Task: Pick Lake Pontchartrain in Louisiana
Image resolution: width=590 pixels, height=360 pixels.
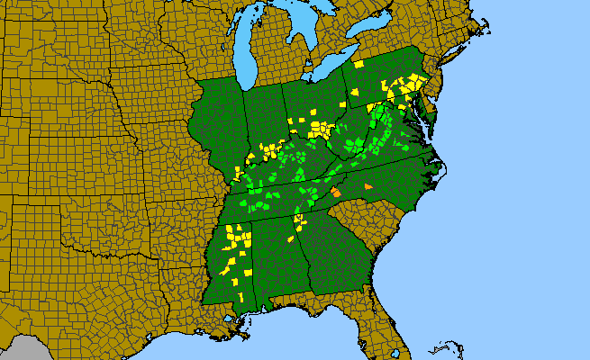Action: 236,311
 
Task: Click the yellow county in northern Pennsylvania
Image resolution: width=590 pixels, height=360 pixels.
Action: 359,65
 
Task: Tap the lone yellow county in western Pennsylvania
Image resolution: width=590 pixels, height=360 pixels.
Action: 355,92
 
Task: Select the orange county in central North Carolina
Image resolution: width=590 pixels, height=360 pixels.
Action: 368,186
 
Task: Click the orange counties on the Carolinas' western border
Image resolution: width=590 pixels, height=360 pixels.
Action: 335,192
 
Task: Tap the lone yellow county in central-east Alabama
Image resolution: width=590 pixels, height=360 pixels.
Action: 291,241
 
